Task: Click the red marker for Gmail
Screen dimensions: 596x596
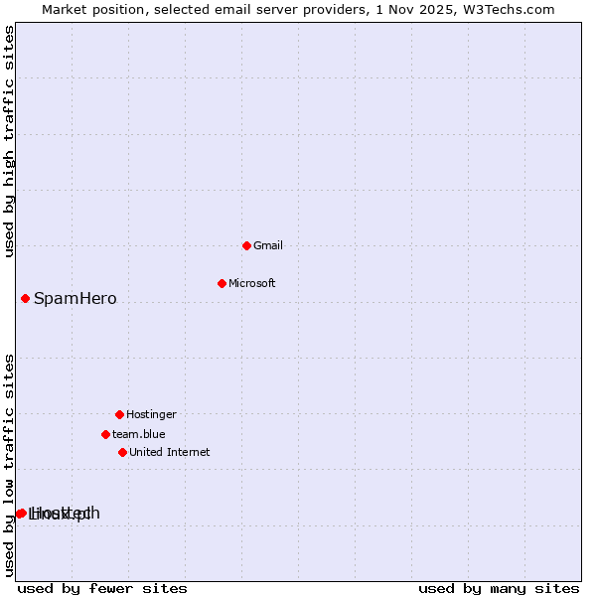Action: tap(246, 245)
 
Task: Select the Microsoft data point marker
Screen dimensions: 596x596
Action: tap(222, 283)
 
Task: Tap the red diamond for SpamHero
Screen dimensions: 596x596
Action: tap(25, 298)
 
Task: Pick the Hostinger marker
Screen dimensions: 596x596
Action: tap(119, 414)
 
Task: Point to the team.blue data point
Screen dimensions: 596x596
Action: tap(105, 434)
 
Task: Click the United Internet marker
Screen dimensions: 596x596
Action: tap(122, 452)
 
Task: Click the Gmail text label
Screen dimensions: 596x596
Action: tap(267, 245)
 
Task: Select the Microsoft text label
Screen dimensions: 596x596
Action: tap(251, 283)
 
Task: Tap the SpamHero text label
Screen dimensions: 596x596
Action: tap(74, 298)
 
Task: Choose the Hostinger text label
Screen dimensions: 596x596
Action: tap(151, 414)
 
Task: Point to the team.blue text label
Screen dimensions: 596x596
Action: tap(138, 434)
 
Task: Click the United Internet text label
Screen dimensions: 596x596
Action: tap(169, 452)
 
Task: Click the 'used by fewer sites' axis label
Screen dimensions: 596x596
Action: tap(102, 588)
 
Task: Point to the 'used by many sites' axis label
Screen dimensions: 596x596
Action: tap(498, 588)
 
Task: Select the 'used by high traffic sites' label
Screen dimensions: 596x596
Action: tap(9, 141)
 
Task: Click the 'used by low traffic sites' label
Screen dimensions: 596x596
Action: tap(9, 465)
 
